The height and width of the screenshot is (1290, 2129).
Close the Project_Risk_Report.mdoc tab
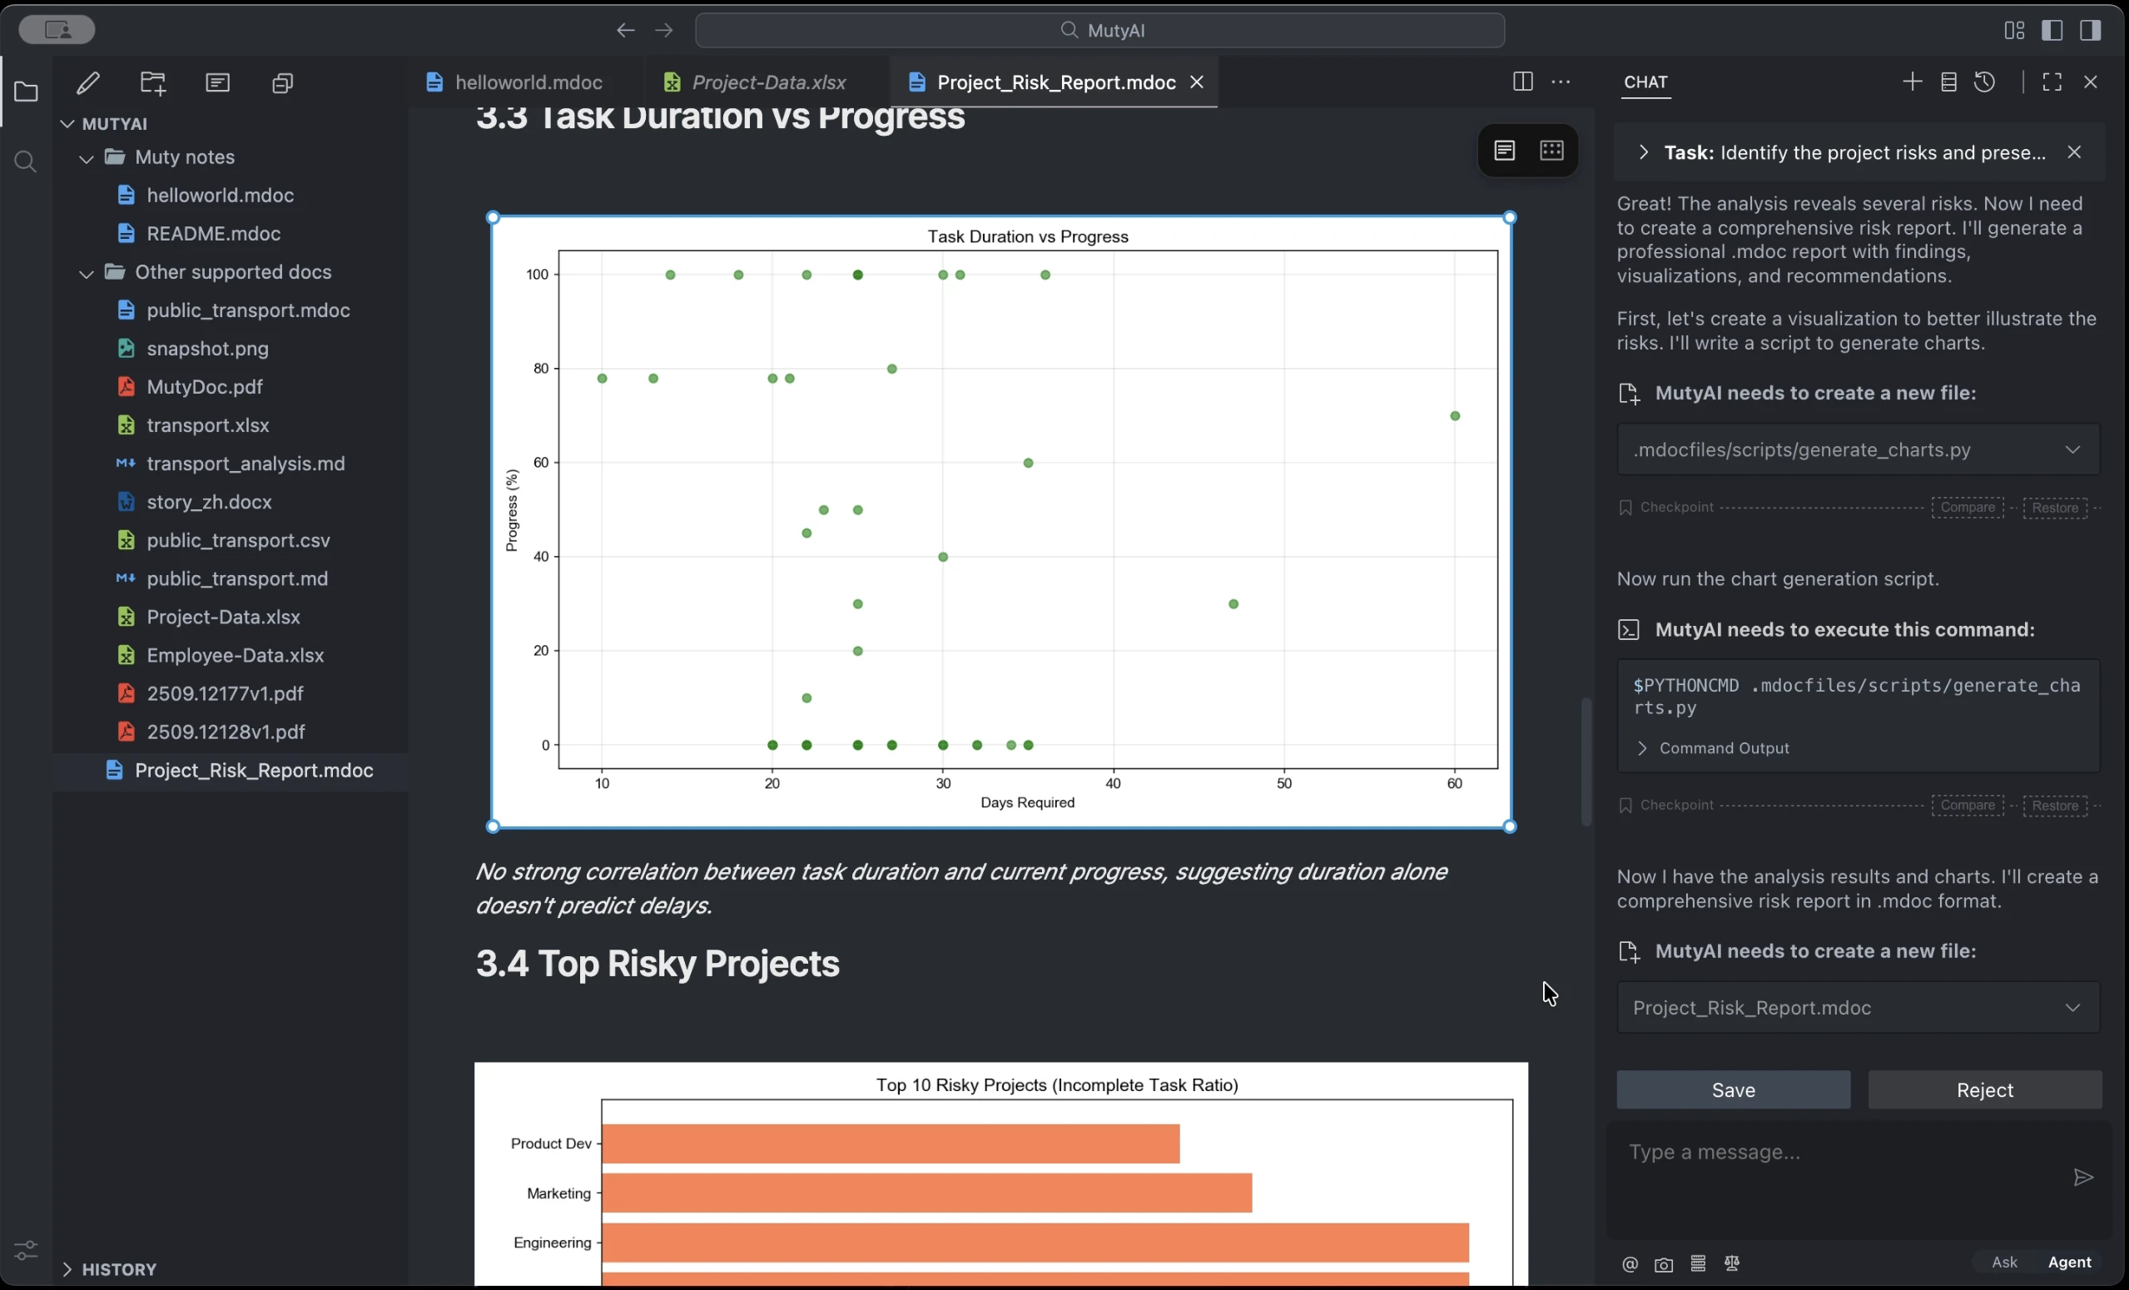pos(1197,82)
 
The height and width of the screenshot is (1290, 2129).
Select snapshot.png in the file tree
pos(207,348)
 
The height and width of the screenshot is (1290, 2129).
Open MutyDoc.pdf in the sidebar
pos(205,386)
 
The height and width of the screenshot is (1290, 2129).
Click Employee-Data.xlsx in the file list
pos(235,655)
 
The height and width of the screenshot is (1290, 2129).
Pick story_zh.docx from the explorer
pos(209,502)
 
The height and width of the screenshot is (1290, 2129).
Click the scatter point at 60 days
pos(1455,415)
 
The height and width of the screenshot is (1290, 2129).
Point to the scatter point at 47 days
pos(1233,604)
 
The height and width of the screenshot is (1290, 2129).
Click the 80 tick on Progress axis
pos(541,369)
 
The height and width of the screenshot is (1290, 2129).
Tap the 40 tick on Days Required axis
pos(1113,784)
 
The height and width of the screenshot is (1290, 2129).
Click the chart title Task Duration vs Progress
pos(1027,236)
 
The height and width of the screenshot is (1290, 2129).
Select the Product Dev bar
pos(890,1144)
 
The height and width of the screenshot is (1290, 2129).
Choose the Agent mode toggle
pos(2068,1262)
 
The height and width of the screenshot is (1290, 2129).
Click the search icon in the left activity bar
pos(26,161)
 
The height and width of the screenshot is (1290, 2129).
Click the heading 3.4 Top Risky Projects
pos(658,964)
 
